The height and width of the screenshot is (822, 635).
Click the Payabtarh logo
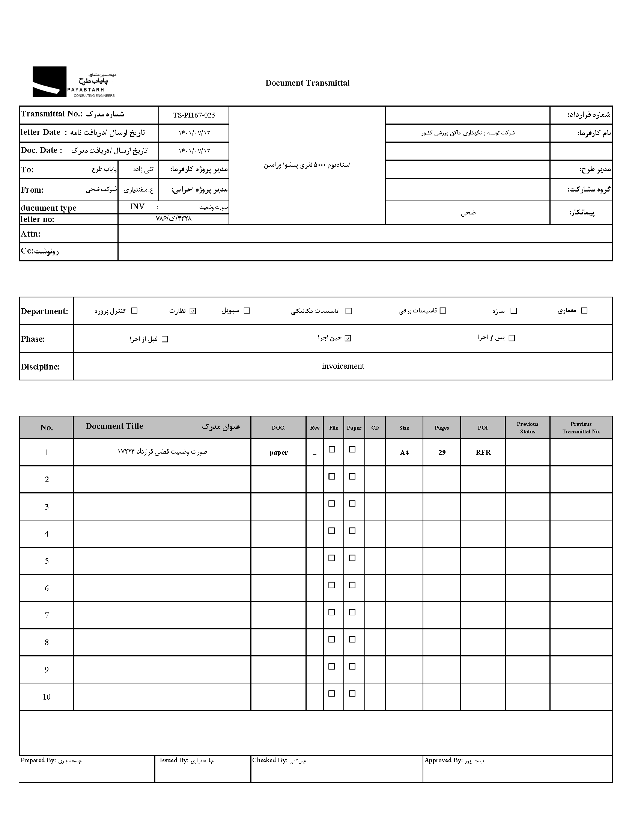(x=74, y=82)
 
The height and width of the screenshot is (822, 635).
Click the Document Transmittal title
(x=307, y=83)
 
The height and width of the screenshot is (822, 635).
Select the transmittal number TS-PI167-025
(x=194, y=115)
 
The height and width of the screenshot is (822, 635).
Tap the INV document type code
(x=137, y=207)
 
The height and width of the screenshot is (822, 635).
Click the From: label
(x=32, y=190)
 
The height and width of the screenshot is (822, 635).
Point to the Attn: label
(x=30, y=234)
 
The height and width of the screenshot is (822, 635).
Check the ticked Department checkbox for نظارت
(x=193, y=311)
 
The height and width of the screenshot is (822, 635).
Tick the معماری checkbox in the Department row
(x=584, y=311)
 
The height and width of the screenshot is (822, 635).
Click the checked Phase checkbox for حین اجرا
(x=348, y=338)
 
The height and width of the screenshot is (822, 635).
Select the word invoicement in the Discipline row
(x=343, y=366)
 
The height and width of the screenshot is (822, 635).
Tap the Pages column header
(x=442, y=428)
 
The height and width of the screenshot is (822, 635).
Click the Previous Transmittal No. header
(x=581, y=428)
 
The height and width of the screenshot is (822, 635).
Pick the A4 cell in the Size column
(x=404, y=453)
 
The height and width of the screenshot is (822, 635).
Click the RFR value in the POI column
(x=483, y=453)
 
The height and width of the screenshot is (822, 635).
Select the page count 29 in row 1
(x=442, y=453)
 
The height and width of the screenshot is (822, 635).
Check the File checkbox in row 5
(x=332, y=558)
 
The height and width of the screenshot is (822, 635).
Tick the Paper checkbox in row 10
(x=352, y=694)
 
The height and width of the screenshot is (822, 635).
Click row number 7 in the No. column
(x=47, y=615)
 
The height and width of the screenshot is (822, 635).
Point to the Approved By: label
(x=443, y=761)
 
